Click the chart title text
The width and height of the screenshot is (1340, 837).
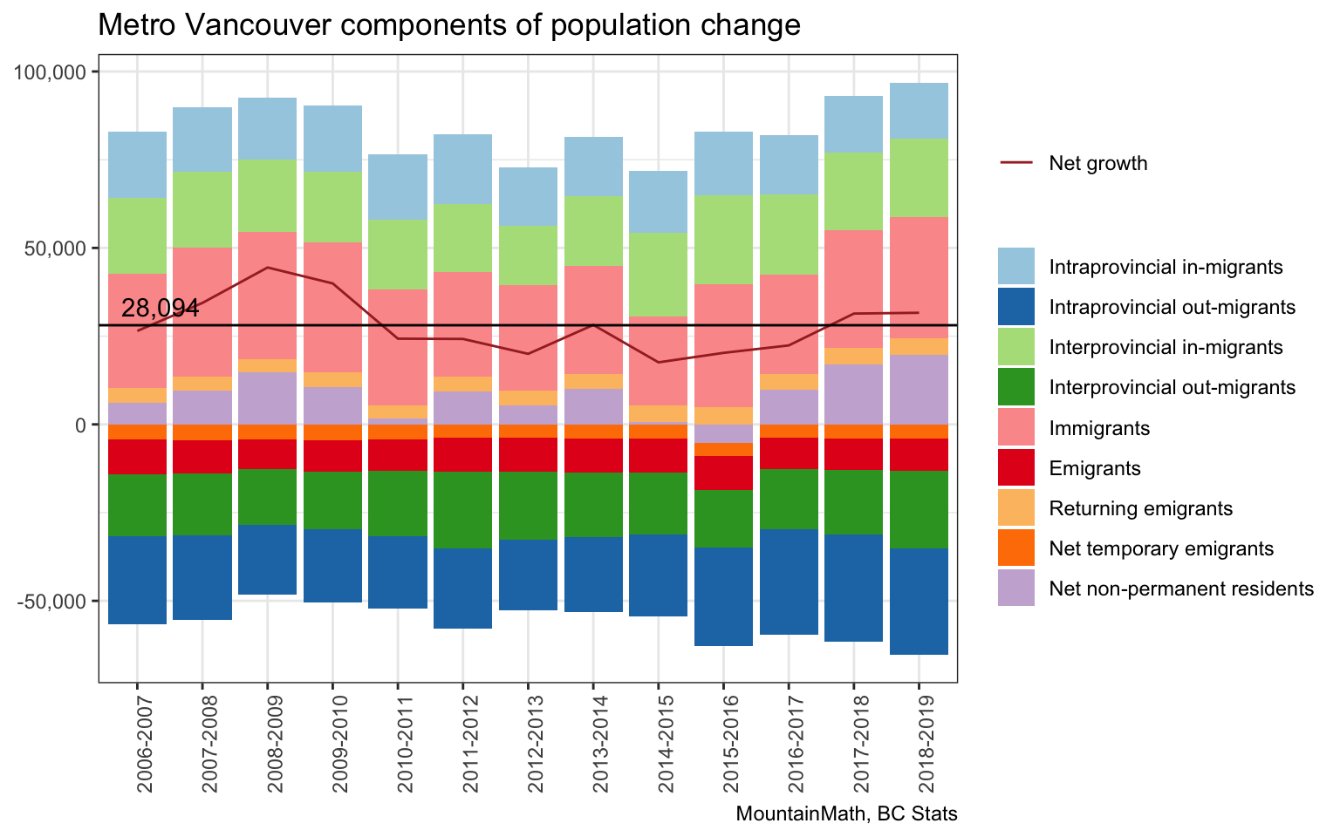coord(448,25)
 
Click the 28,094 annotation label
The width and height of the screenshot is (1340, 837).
coord(161,309)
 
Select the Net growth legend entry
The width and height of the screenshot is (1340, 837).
coord(1097,163)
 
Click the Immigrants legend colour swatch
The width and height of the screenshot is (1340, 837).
coord(1016,428)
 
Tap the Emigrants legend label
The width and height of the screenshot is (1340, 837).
coord(1095,469)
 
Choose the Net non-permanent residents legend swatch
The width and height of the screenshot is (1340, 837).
coord(1016,589)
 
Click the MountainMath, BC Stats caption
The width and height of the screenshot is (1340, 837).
coord(846,814)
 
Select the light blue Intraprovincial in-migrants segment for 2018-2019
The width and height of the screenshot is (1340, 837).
coord(919,111)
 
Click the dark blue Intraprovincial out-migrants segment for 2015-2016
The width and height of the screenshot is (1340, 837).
coord(723,596)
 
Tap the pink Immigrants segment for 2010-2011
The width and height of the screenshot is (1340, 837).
coord(398,347)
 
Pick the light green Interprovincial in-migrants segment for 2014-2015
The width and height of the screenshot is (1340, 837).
coord(658,275)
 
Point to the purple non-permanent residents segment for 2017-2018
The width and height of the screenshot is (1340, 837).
coord(853,394)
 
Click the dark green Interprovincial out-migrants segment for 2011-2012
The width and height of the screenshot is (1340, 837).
coord(462,510)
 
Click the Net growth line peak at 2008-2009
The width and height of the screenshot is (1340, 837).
coord(268,268)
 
